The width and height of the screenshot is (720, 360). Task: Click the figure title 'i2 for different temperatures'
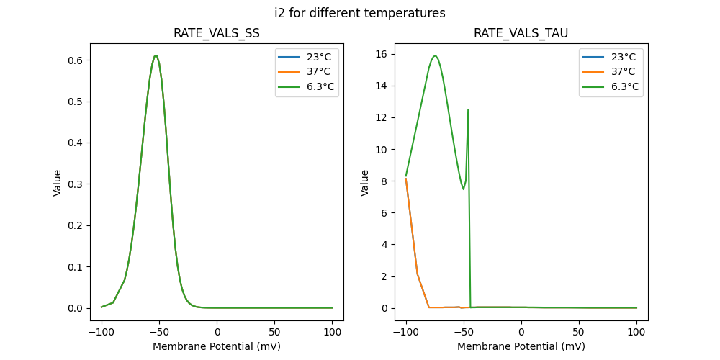click(360, 13)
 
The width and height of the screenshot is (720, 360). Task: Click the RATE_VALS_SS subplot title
click(217, 33)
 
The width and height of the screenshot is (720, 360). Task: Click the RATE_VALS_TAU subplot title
click(521, 33)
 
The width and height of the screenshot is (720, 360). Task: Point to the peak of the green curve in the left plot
click(156, 55)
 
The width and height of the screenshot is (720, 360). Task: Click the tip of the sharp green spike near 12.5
click(468, 110)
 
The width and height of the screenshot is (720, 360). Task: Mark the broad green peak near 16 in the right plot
click(435, 55)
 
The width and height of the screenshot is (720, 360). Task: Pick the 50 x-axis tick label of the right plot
click(579, 333)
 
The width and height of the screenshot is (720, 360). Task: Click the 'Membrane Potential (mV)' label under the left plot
click(217, 346)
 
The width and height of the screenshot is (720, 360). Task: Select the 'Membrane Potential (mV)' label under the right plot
click(521, 346)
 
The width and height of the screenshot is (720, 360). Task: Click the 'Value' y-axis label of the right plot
click(365, 183)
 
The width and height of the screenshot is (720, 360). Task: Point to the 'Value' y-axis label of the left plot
click(58, 183)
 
